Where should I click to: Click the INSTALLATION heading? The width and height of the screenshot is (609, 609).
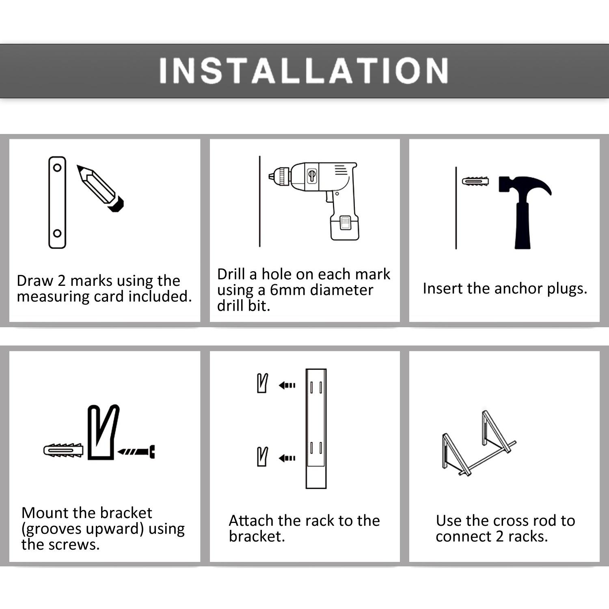coord(304,71)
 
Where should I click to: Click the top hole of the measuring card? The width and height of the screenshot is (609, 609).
coord(57,167)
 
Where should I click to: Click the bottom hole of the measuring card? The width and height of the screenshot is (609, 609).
coord(57,233)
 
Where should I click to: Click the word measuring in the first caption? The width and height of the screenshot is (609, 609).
coord(53,297)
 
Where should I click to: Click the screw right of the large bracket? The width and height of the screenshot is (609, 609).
coord(136,451)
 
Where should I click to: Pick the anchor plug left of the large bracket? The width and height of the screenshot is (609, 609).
coord(63,450)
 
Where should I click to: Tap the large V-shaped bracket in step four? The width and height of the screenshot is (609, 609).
coord(103,432)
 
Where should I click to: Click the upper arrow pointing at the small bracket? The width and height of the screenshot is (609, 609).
coord(287,385)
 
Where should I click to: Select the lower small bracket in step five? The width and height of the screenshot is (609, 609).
coord(263,456)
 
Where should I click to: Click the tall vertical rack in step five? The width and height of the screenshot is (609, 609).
coord(316,428)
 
